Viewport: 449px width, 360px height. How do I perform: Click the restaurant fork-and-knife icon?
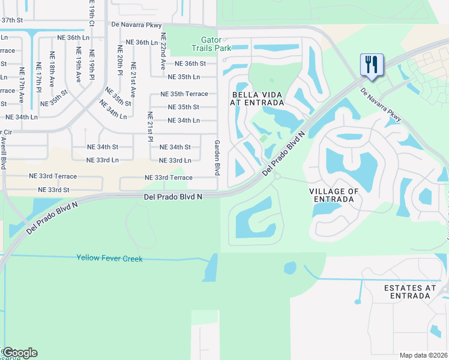(372, 64)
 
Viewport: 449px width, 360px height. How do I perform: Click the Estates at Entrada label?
(411, 292)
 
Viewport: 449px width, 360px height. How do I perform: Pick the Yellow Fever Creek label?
(109, 258)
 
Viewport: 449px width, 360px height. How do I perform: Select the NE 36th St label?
(190, 64)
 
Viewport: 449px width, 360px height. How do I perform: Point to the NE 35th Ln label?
(184, 77)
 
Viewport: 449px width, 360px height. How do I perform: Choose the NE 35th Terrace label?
(184, 94)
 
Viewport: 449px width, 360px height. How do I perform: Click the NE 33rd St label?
(54, 190)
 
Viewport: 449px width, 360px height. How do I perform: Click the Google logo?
(20, 352)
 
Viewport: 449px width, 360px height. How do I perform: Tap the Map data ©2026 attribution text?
(423, 355)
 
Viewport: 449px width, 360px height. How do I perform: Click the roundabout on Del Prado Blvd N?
(277, 176)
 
